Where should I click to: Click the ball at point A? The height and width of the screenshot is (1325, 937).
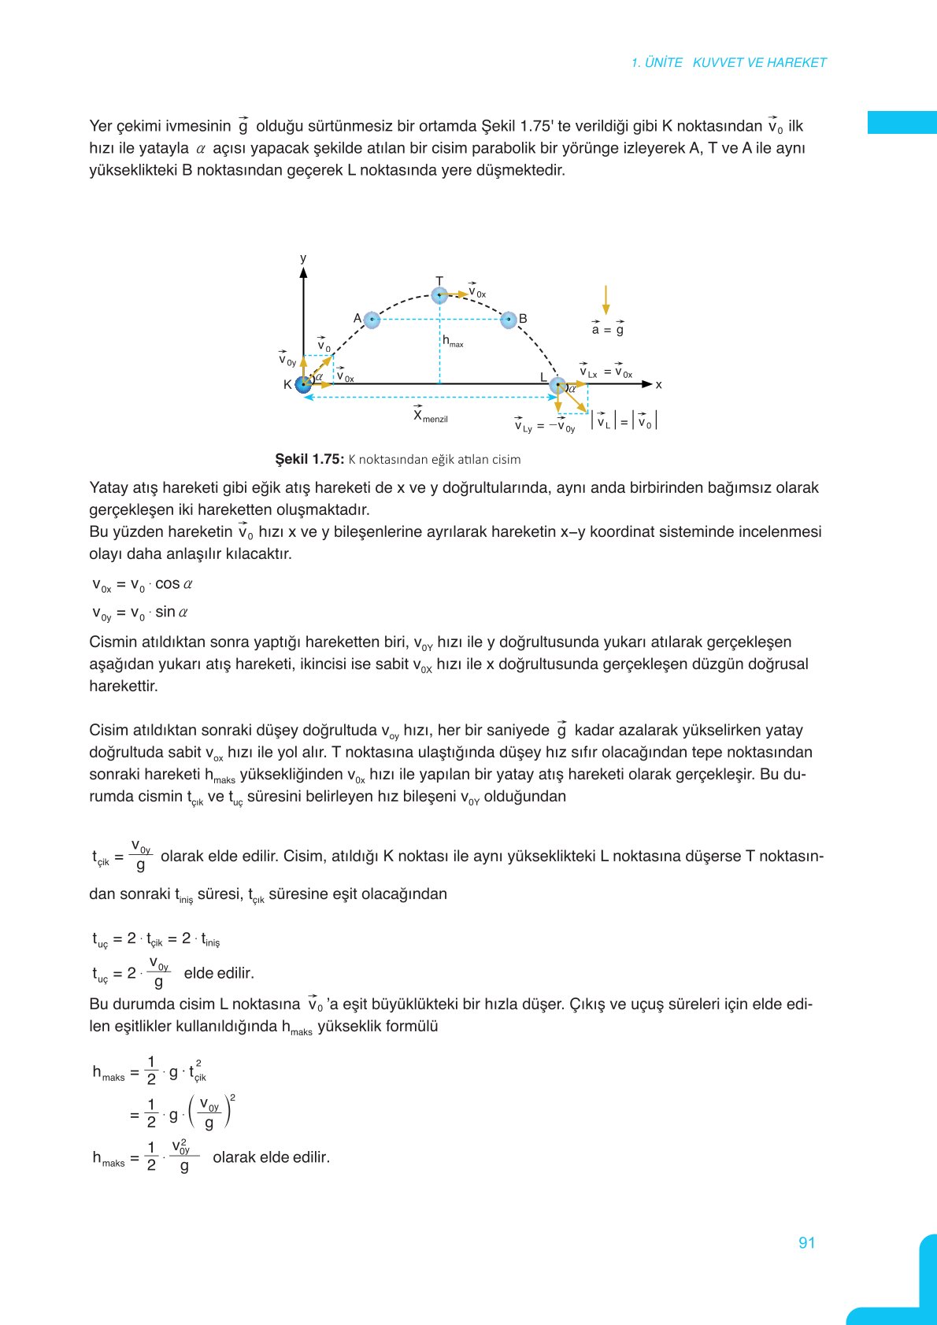pos(372,320)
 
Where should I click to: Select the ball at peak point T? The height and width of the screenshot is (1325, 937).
pos(439,295)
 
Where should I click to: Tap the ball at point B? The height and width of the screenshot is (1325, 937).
pos(509,320)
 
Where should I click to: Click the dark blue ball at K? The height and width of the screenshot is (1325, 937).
pos(303,384)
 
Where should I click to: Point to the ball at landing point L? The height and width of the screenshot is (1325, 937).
pos(557,385)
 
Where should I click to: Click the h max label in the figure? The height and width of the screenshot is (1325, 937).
pos(452,342)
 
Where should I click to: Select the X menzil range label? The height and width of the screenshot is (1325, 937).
pos(430,416)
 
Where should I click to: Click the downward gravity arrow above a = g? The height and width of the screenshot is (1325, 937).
pos(606,300)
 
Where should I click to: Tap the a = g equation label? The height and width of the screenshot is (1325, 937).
pos(607,329)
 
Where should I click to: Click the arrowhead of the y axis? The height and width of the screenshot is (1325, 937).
pos(303,272)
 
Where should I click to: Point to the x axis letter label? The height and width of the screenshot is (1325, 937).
pos(659,385)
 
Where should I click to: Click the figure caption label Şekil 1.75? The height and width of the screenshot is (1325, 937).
pos(309,459)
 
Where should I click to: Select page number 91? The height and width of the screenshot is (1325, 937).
pos(806,1243)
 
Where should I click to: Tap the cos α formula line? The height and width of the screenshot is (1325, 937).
pos(143,585)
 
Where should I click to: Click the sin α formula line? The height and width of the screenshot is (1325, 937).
pos(140,613)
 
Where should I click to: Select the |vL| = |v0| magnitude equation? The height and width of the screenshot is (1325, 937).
pos(624,421)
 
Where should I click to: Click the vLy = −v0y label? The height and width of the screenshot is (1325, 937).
pos(545,426)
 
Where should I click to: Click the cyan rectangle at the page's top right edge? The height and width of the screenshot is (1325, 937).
pos(902,123)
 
